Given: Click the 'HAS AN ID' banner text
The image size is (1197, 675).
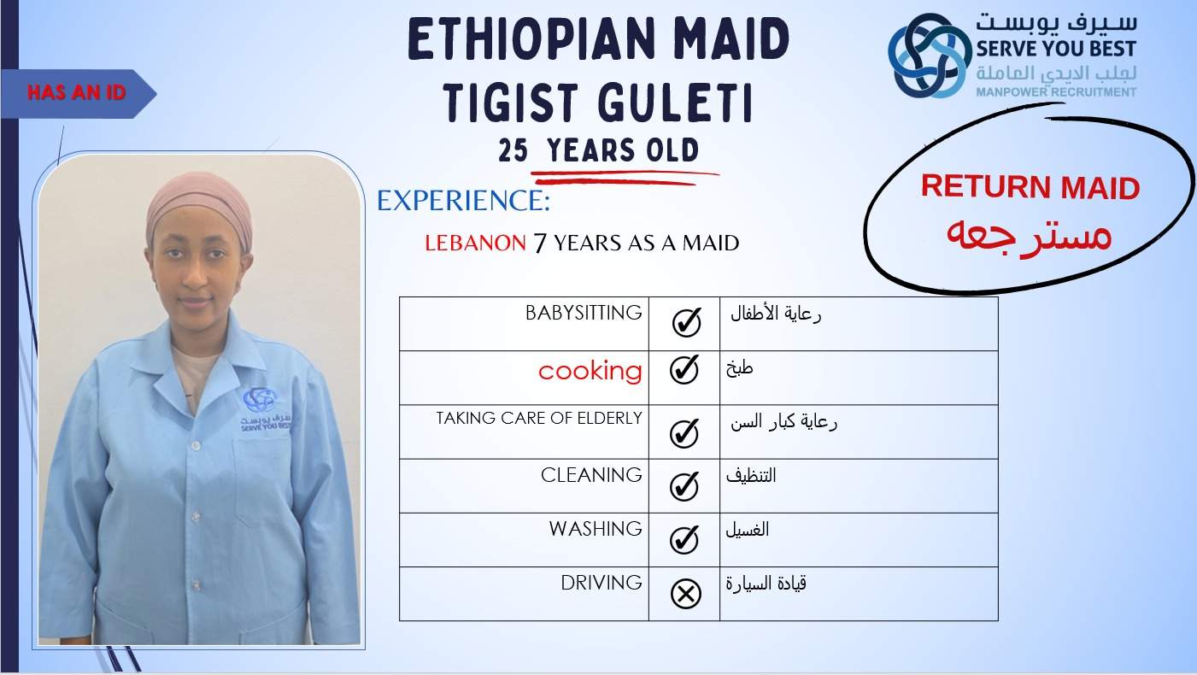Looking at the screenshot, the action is point(76,92).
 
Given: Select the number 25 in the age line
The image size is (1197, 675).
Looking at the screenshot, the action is point(513,150).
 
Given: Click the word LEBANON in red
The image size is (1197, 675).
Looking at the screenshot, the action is point(475,244).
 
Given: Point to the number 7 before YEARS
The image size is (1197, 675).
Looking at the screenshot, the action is point(540,244).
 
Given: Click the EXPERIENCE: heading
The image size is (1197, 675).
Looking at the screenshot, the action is point(463,201).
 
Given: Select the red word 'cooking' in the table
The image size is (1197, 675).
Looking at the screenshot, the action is point(590,371).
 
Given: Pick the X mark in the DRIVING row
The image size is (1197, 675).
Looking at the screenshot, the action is point(685,593).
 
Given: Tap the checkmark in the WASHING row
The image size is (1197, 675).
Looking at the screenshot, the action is point(684,539).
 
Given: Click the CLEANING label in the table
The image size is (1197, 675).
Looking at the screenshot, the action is point(591,474).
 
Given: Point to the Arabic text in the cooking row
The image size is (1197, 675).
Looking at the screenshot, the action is point(739,368).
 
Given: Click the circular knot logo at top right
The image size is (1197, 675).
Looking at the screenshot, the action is point(930,55).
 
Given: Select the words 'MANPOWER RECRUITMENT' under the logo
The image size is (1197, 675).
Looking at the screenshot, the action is point(1056,92).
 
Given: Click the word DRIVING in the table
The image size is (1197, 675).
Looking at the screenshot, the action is point(601,583).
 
